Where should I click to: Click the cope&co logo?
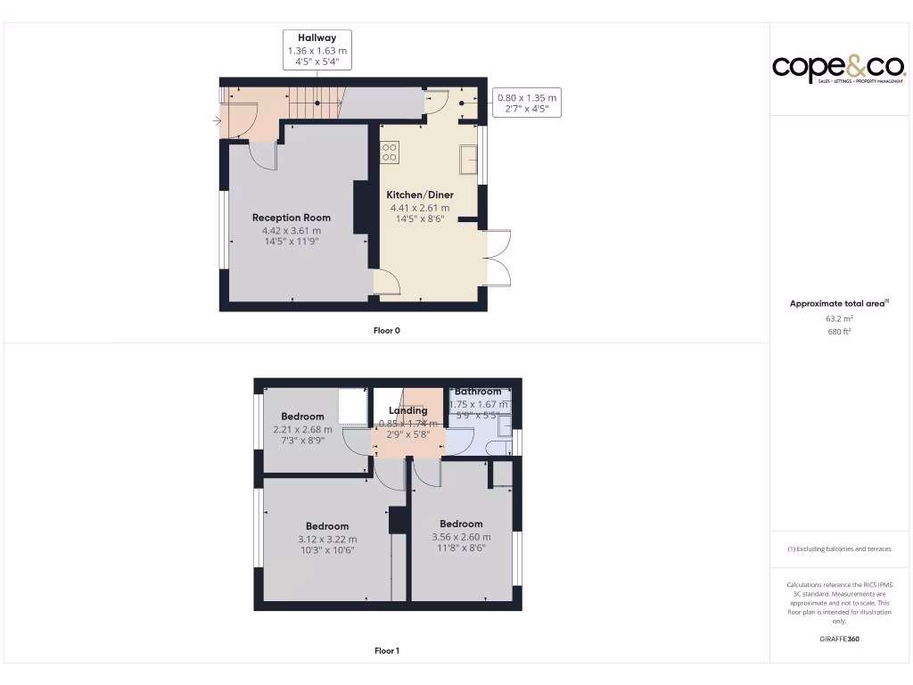pos(838,68)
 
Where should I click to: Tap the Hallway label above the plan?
pos(317,38)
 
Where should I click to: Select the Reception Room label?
pos(291,218)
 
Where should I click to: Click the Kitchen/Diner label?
pos(419,194)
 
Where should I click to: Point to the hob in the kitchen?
pos(390,152)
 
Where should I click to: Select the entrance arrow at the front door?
pos(218,120)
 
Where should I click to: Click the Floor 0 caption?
pos(386,331)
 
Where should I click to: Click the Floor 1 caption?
pos(386,651)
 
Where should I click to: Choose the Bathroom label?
pos(478,392)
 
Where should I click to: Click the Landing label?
pos(407,411)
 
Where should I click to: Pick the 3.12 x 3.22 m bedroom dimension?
pos(327,539)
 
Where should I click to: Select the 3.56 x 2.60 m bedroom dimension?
pos(461,537)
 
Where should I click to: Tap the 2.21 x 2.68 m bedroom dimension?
pos(302,429)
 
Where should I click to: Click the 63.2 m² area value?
pos(839,318)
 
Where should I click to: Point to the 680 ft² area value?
pos(839,332)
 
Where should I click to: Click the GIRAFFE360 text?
pos(839,639)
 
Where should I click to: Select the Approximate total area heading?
pos(837,304)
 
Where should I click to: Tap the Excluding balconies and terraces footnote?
pos(839,549)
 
